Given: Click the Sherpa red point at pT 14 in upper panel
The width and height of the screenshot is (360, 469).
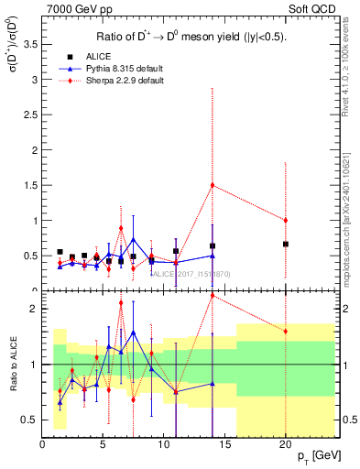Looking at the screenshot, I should click(x=213, y=185).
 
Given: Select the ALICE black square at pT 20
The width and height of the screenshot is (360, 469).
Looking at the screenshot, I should click(x=286, y=244).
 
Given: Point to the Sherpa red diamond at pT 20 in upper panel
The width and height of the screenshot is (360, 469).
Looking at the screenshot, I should click(x=286, y=220).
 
